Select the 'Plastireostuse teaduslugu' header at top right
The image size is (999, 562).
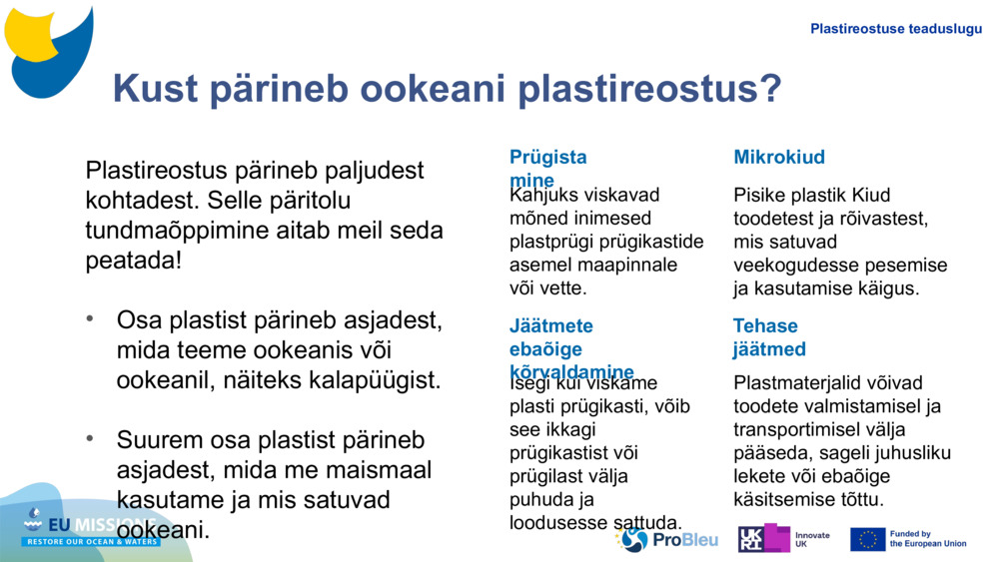pyautogui.click(x=895, y=29)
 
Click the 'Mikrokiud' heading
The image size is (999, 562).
pyautogui.click(x=779, y=157)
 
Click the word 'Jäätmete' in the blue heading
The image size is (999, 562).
pyautogui.click(x=550, y=325)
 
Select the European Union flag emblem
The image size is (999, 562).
pyautogui.click(x=867, y=539)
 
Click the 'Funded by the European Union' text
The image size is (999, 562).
pyautogui.click(x=927, y=539)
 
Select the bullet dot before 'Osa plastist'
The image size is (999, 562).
pyautogui.click(x=91, y=319)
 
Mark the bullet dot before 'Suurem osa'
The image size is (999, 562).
pyautogui.click(x=91, y=439)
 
